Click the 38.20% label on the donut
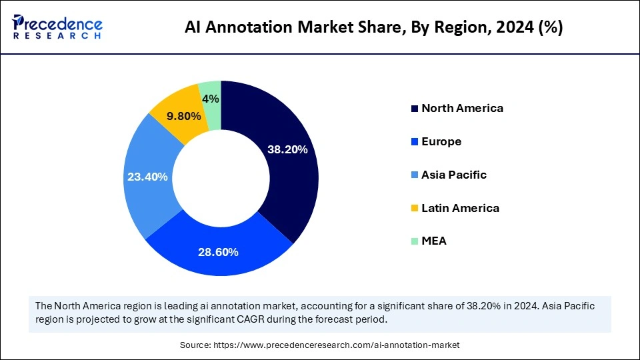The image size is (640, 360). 287,149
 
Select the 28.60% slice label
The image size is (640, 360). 218,252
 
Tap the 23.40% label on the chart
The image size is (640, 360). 147,177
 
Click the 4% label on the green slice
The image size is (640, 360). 211,99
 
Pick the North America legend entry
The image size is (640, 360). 462,108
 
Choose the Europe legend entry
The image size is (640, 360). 441,141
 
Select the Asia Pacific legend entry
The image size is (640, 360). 454,175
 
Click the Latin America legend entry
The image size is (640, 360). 460,208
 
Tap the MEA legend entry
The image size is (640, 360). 434,241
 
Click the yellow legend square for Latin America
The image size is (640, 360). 415,209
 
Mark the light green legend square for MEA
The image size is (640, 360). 415,241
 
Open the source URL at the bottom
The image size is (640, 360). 336,345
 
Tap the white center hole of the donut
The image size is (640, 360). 221,178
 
